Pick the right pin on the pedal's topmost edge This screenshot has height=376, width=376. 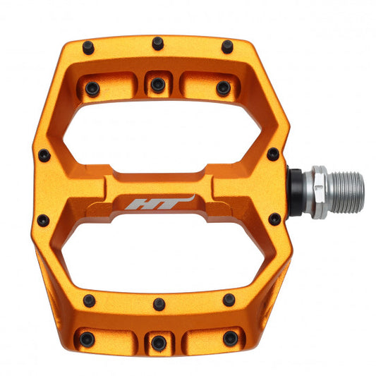pos(227,47)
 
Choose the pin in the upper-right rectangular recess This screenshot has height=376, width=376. pos(223,88)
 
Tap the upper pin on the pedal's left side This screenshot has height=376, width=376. pos(44,154)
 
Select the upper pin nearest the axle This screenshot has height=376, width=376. pos(273,154)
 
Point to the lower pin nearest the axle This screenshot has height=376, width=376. pos(274,219)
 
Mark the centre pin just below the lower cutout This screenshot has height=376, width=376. pos(159,304)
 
